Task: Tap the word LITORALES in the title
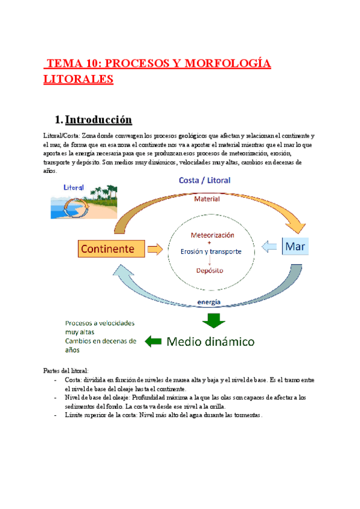click(79, 79)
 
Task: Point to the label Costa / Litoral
click(205, 179)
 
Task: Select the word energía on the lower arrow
click(208, 302)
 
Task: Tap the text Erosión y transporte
click(211, 251)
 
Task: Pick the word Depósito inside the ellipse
click(210, 270)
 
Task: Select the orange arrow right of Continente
click(155, 247)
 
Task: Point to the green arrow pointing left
click(154, 342)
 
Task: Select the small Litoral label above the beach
click(74, 187)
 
